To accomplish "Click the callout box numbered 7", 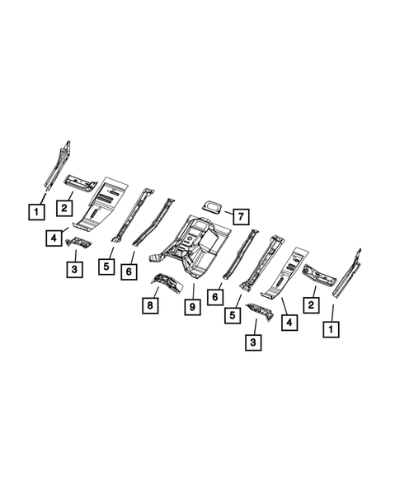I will click(238, 217).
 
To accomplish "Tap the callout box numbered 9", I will click(191, 309).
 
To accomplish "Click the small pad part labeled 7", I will click(212, 206).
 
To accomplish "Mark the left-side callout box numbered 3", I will click(74, 269).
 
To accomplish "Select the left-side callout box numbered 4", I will click(52, 239).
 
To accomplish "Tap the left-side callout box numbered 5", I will click(106, 267).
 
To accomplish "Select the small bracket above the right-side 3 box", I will click(257, 313).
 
